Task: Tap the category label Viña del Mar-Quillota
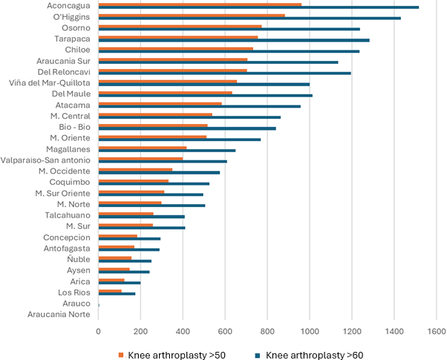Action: [x=50, y=83]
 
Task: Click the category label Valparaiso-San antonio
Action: [x=46, y=160]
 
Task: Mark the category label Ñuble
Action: [x=78, y=259]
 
